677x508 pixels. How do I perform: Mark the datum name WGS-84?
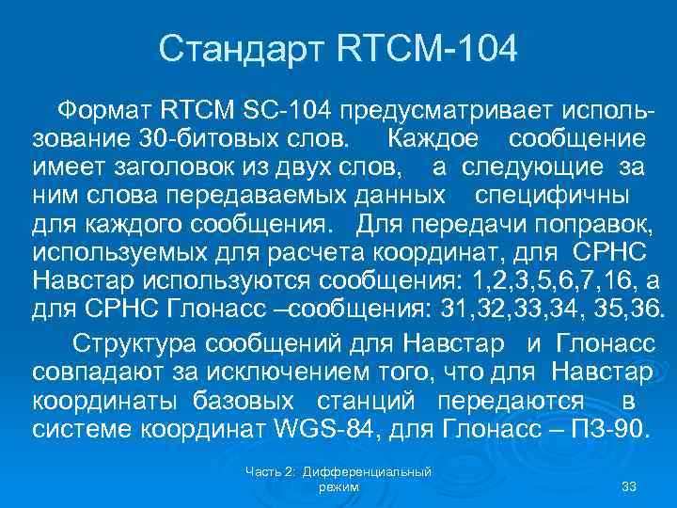329,428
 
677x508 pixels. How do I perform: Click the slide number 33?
629,485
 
